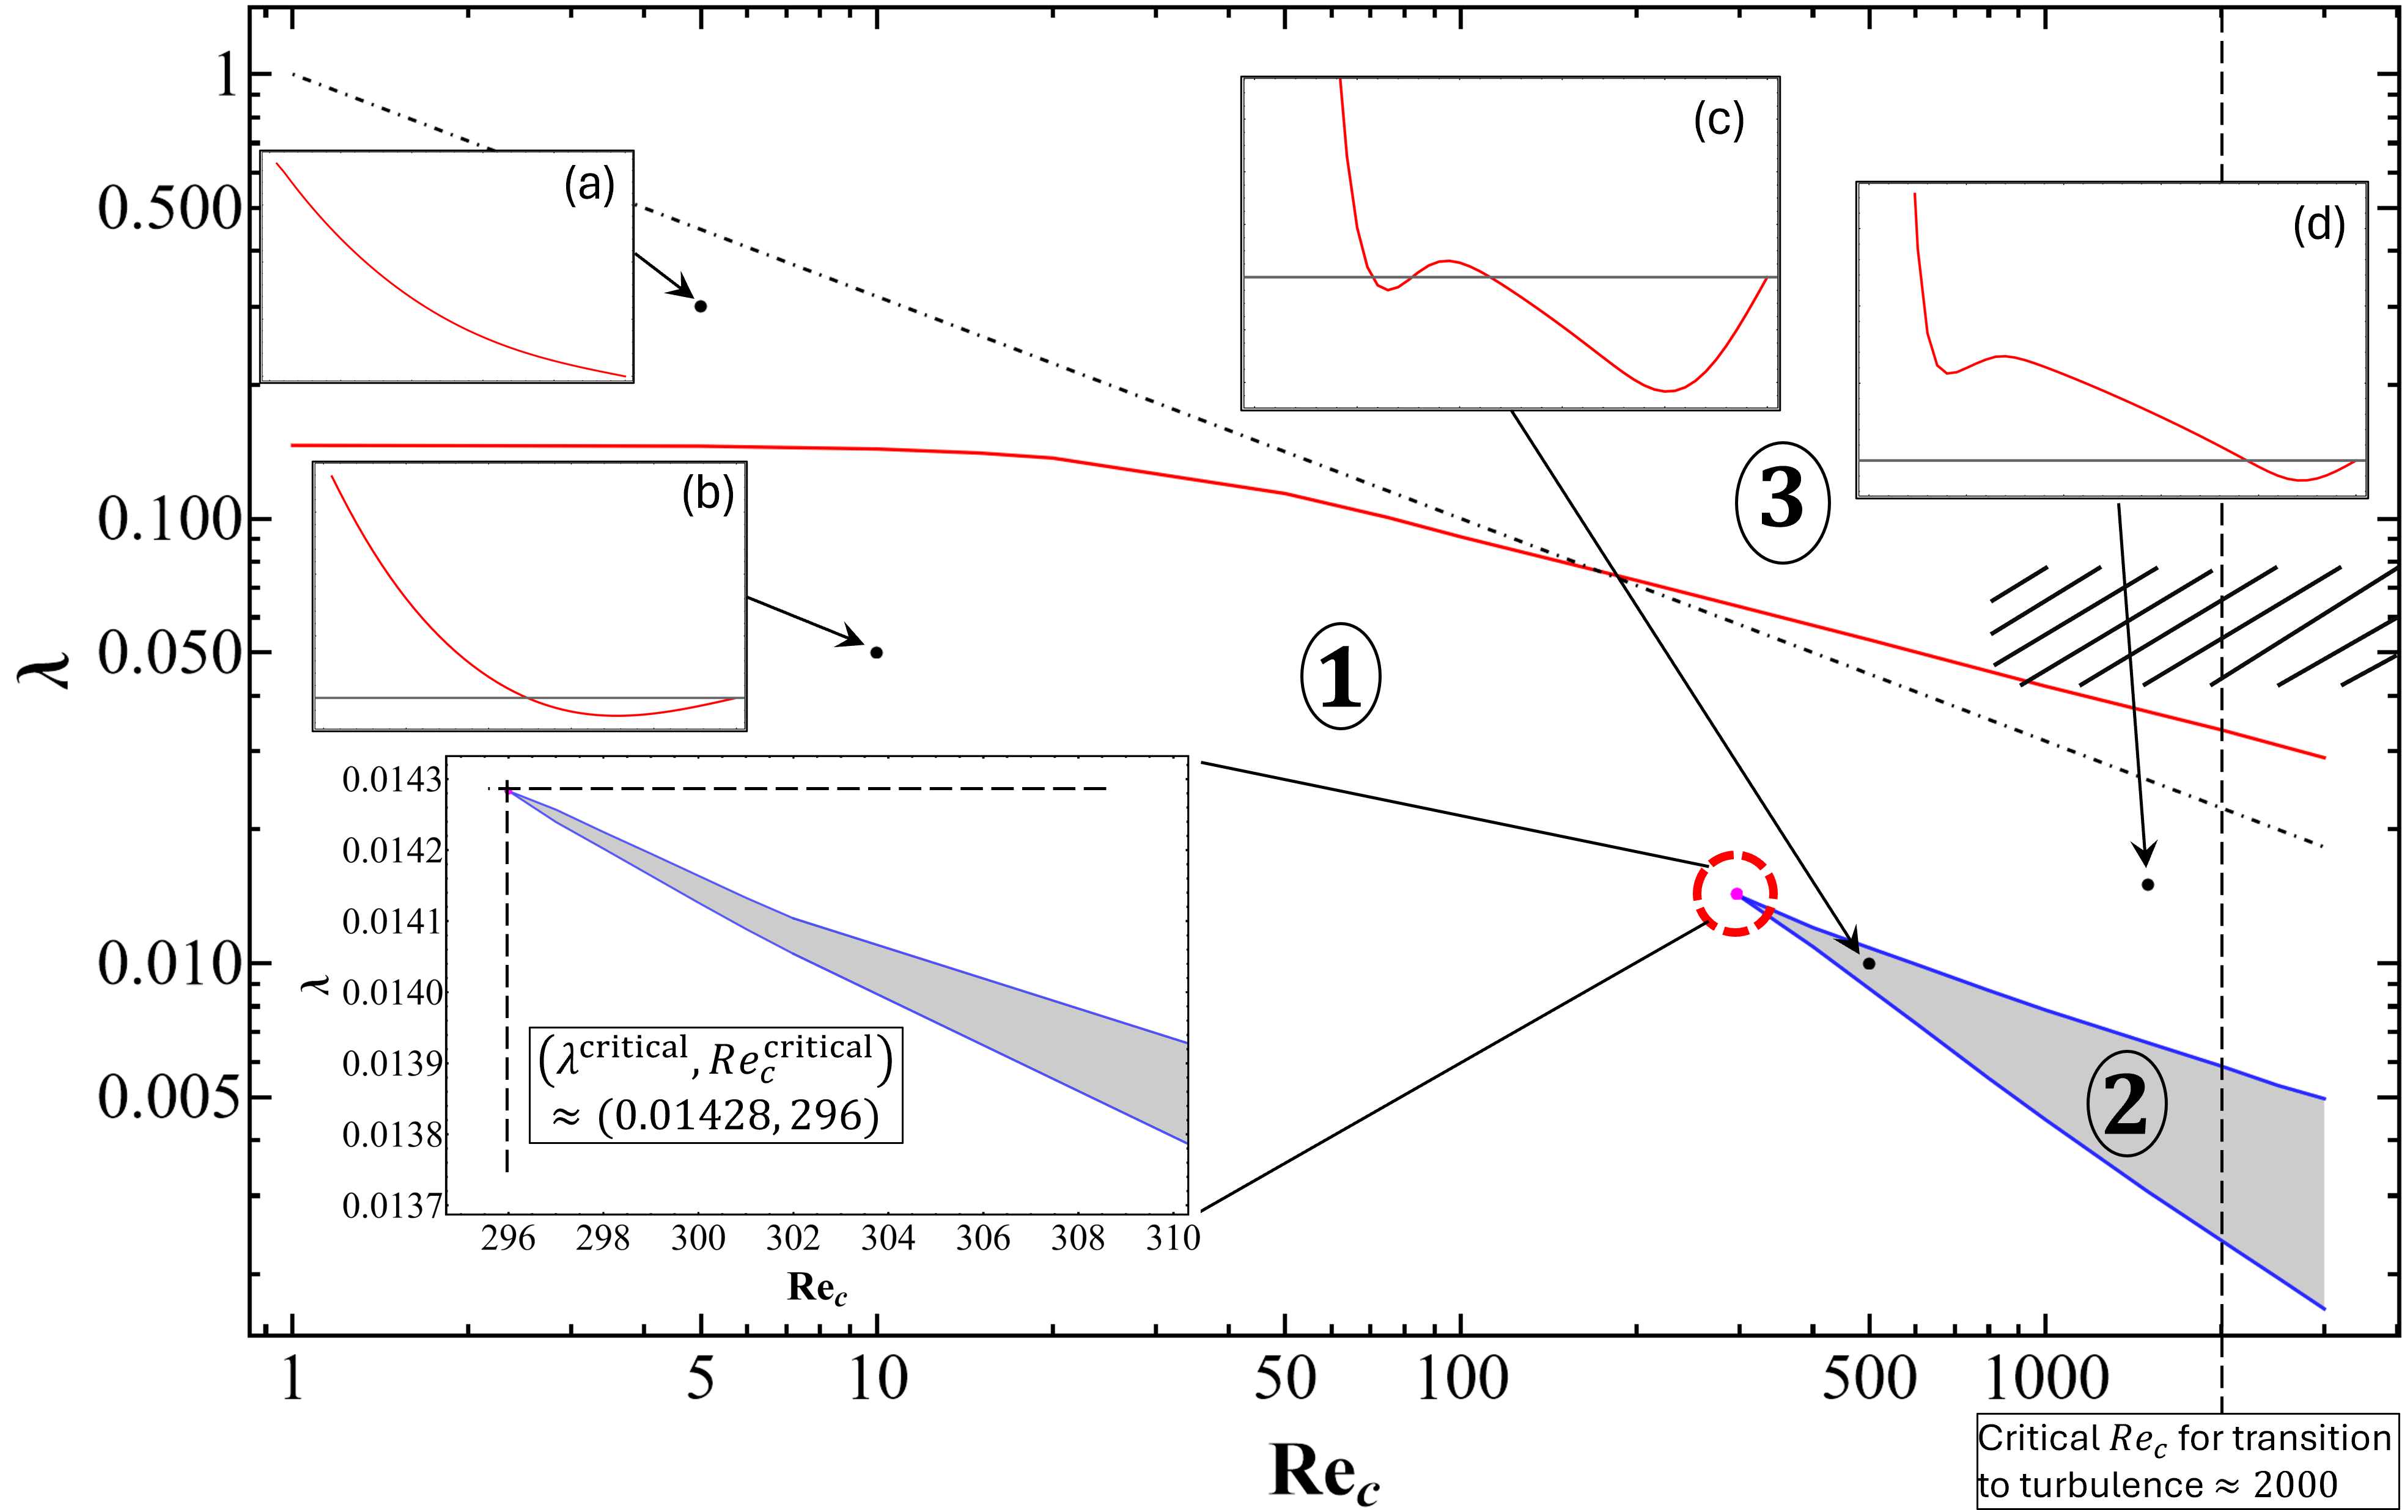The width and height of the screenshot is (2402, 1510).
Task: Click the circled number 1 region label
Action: (x=1341, y=676)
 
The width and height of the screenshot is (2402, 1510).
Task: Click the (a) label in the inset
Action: (x=589, y=186)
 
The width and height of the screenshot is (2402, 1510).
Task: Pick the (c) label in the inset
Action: (x=1719, y=120)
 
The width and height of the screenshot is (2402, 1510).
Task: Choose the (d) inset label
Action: (x=2318, y=225)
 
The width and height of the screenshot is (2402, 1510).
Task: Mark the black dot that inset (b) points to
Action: (x=877, y=652)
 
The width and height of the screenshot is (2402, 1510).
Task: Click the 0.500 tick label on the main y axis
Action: (x=169, y=210)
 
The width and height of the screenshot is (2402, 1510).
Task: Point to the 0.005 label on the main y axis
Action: (x=169, y=1097)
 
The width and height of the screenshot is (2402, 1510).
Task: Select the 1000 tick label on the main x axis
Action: (x=2046, y=1379)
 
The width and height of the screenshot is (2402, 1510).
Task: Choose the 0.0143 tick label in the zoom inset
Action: (x=391, y=780)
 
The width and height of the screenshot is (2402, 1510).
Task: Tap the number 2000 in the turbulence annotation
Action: (x=2295, y=1485)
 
